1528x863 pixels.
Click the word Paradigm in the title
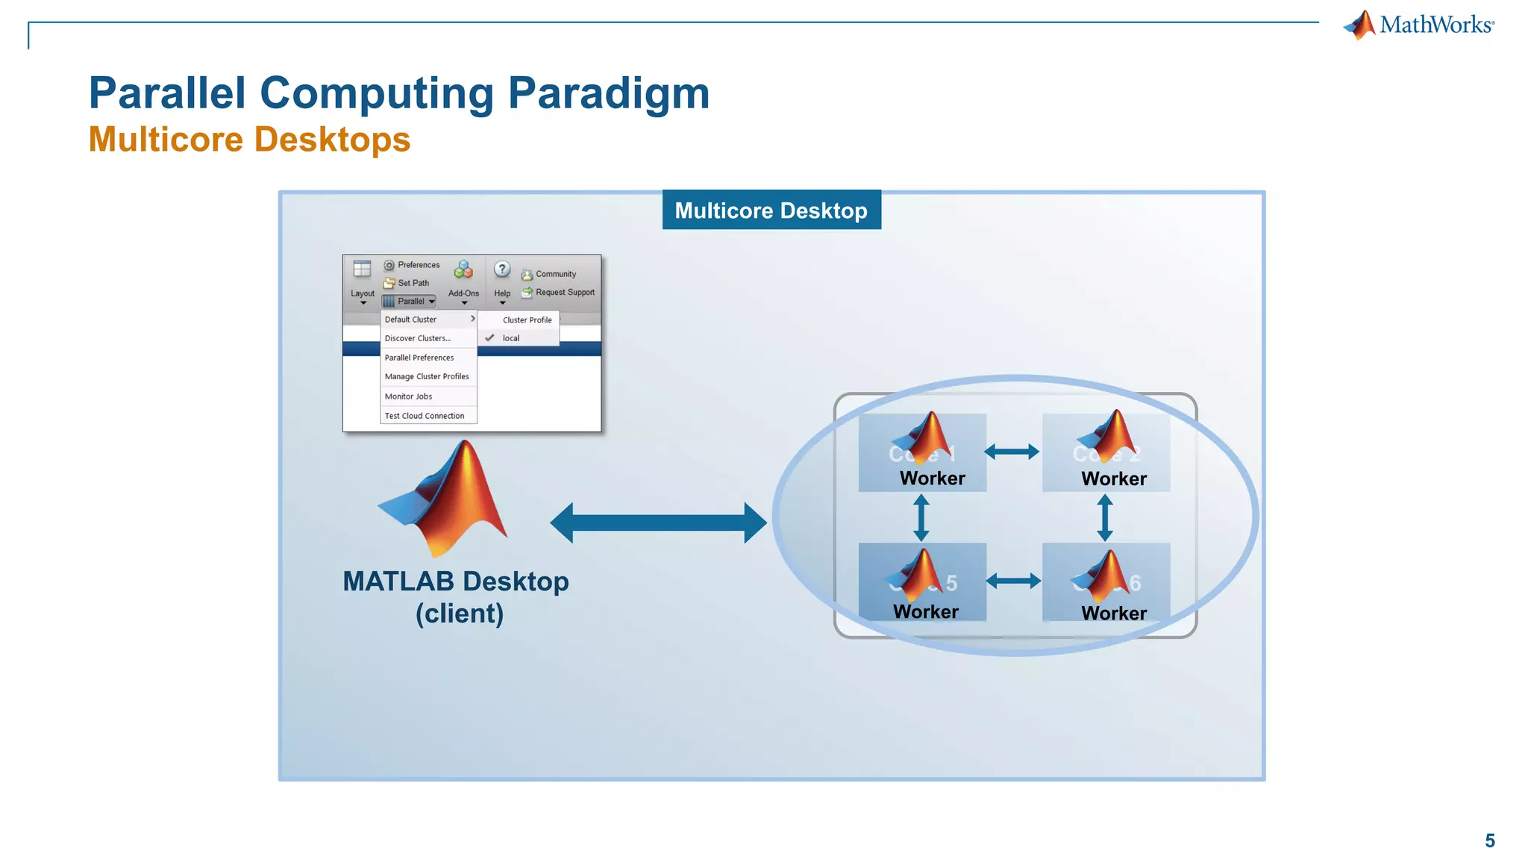(608, 93)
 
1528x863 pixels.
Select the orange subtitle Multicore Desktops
(249, 140)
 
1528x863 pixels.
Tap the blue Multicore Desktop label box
(771, 211)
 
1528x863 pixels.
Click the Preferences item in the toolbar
(412, 265)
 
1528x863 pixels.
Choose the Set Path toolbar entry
(407, 283)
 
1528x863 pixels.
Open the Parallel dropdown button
(409, 302)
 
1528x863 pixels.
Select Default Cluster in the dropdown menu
(411, 320)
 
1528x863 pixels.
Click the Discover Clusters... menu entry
(418, 338)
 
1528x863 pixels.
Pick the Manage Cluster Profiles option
(427, 377)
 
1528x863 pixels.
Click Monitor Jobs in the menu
(408, 396)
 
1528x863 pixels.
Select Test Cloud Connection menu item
(425, 416)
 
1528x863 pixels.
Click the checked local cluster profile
(511, 338)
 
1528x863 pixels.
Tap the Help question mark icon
(502, 270)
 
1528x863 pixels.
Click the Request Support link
(565, 293)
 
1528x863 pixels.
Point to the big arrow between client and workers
(658, 523)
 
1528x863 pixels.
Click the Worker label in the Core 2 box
(1114, 479)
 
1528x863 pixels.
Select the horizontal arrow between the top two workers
(1012, 452)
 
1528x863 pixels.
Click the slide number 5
(1489, 841)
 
